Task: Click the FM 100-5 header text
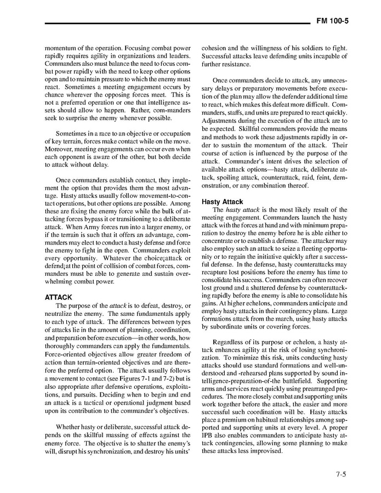(333, 21)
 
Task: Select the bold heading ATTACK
(58, 297)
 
